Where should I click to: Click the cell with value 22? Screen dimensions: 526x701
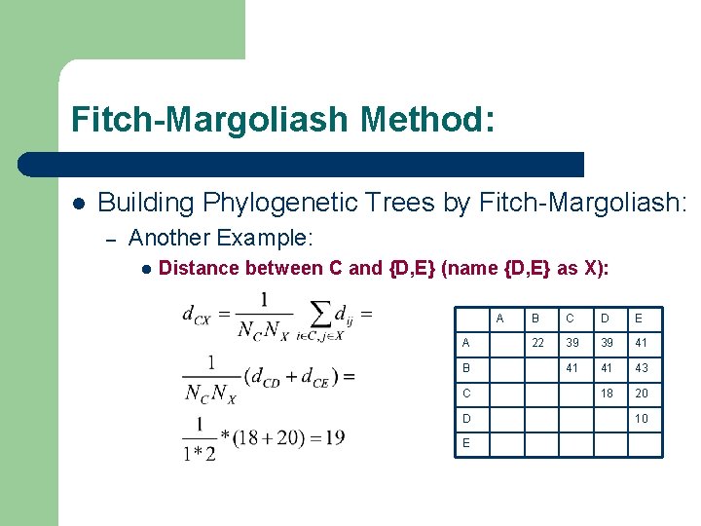(x=537, y=343)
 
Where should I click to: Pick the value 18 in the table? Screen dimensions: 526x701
(x=608, y=393)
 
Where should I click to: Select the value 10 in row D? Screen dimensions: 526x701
(x=641, y=418)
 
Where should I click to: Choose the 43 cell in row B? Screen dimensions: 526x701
(x=641, y=368)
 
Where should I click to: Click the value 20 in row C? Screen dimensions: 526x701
(x=641, y=393)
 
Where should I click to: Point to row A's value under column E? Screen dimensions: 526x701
(x=641, y=343)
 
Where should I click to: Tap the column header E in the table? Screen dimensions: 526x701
(x=639, y=318)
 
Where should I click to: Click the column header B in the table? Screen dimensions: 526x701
(x=534, y=318)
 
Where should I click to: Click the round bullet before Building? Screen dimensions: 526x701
(x=79, y=203)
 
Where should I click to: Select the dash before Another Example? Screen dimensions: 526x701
(x=111, y=239)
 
